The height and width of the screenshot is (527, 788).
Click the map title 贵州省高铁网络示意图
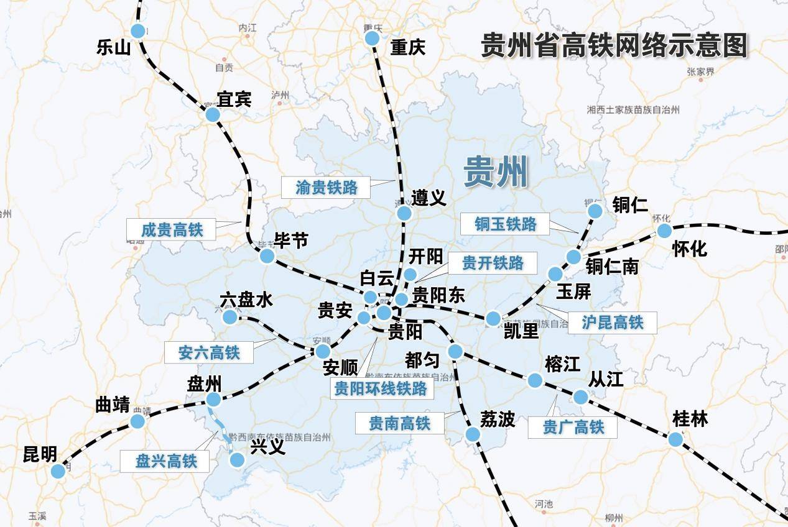[614, 45]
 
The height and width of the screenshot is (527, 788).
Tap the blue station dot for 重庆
[372, 39]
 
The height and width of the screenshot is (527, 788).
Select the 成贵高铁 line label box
[172, 229]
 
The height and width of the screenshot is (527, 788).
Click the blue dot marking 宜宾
[213, 114]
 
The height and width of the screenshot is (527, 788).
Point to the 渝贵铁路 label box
[327, 187]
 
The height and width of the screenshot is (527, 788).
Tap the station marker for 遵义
[404, 213]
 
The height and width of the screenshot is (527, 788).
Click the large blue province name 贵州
[496, 172]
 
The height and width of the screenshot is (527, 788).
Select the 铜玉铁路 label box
[505, 224]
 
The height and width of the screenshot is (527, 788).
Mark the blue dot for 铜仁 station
[595, 211]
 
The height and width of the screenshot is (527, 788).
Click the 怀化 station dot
[664, 231]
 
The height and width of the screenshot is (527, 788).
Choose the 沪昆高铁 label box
[612, 322]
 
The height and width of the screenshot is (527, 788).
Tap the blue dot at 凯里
[493, 319]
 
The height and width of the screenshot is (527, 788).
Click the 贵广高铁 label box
[573, 427]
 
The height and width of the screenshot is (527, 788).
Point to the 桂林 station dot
[675, 439]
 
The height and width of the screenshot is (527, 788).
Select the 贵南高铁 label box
[399, 423]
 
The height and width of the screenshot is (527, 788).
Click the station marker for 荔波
[473, 434]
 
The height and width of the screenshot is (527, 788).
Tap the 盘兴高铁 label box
[165, 461]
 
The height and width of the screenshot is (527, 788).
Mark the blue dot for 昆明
[58, 471]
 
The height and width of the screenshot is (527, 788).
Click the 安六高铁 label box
[208, 352]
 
